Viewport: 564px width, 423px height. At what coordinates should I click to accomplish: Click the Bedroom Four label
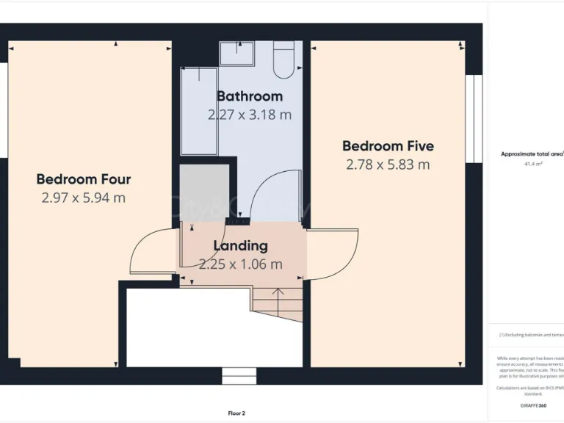click(x=84, y=179)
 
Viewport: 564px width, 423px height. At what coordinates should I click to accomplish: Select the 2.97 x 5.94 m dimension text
click(x=84, y=198)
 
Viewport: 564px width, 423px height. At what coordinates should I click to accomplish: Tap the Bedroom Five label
click(x=388, y=145)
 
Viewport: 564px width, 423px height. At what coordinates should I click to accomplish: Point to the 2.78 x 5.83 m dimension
click(x=388, y=164)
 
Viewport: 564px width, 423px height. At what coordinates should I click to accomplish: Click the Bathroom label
click(x=250, y=96)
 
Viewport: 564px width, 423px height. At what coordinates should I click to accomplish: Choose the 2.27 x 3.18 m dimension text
click(x=250, y=115)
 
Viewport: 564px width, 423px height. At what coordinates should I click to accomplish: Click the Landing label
click(x=240, y=246)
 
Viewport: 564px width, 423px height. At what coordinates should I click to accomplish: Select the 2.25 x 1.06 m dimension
click(x=240, y=264)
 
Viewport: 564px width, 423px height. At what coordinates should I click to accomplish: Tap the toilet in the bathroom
click(x=283, y=60)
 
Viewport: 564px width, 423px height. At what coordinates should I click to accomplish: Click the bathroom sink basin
click(x=236, y=53)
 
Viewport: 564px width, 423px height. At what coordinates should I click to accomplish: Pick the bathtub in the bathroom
click(x=199, y=111)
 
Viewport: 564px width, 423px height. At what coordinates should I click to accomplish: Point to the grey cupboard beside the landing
click(x=204, y=192)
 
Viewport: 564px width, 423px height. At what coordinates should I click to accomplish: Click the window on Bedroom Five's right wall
click(x=474, y=117)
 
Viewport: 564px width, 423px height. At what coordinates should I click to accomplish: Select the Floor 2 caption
click(x=236, y=413)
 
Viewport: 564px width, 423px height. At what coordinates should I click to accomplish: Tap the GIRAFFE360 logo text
click(x=532, y=405)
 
